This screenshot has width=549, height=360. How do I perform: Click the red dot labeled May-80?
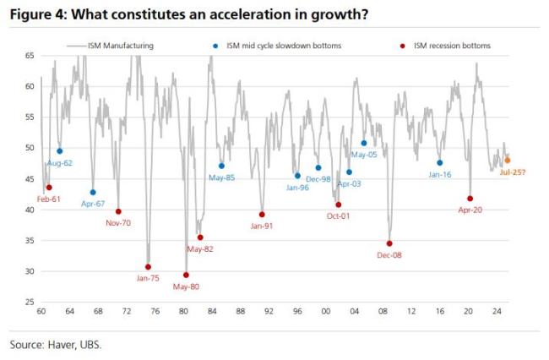(x=186, y=275)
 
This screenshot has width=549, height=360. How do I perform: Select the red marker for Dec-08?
(x=389, y=243)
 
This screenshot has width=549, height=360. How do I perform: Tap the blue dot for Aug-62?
(x=59, y=151)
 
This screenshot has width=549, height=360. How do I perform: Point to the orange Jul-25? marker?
(x=508, y=160)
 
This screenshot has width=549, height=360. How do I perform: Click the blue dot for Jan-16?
(x=440, y=162)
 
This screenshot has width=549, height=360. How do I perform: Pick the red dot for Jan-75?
(x=148, y=267)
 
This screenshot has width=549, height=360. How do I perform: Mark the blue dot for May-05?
(x=364, y=143)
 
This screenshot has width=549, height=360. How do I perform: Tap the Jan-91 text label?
(x=262, y=226)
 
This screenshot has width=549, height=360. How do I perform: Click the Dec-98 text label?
(x=318, y=179)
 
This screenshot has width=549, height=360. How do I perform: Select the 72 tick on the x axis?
(x=127, y=313)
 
